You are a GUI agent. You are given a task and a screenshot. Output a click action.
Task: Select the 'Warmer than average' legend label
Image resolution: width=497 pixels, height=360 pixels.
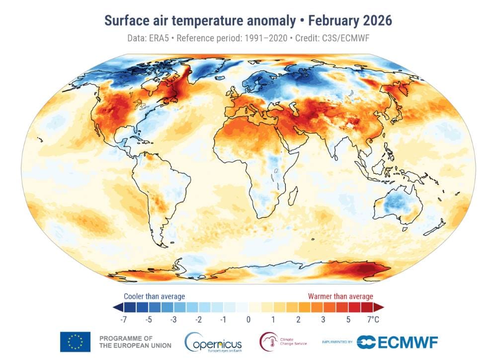[340, 296]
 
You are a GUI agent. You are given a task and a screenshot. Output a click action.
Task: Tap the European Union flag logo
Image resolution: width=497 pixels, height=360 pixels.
[75, 342]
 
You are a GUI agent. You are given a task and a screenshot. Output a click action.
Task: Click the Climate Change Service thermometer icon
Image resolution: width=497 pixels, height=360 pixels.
[268, 341]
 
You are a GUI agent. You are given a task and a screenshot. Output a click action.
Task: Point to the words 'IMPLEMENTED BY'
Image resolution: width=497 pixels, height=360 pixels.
[337, 342]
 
